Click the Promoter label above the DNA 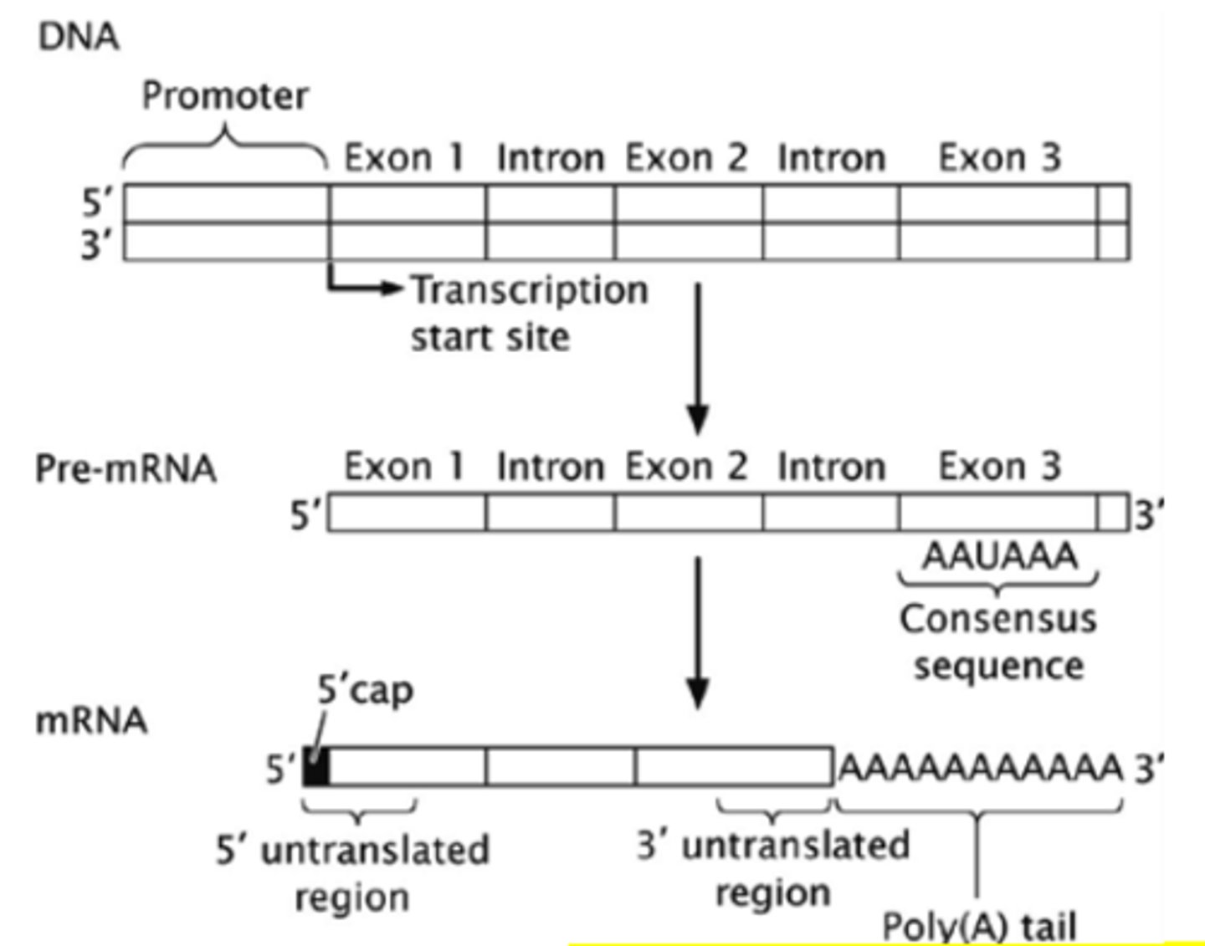point(224,95)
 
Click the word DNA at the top point(79,37)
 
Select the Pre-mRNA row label point(126,468)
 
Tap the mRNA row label point(91,720)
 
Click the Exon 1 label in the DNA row point(404,157)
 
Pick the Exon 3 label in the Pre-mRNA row point(999,466)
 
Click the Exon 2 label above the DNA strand point(686,157)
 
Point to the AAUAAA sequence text point(999,555)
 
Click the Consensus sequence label point(998,642)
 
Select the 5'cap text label point(365,691)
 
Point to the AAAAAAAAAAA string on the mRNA point(979,766)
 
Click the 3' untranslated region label point(772,868)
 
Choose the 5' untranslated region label point(352,873)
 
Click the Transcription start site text point(529,314)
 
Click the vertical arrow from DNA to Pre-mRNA point(697,360)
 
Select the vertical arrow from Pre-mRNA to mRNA point(697,632)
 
